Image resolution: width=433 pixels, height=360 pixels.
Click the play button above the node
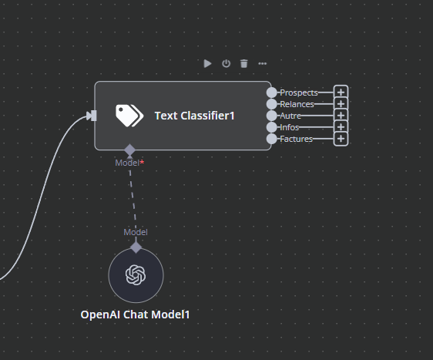pyautogui.click(x=208, y=63)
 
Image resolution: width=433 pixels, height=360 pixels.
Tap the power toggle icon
pyautogui.click(x=227, y=63)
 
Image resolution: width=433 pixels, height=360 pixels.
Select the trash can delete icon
pyautogui.click(x=243, y=63)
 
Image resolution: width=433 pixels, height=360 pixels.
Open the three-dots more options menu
pyautogui.click(x=262, y=64)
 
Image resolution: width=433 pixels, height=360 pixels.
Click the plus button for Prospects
pyautogui.click(x=341, y=93)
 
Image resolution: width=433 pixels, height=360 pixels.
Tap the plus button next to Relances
pyautogui.click(x=341, y=104)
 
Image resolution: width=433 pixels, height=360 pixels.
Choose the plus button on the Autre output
pyautogui.click(x=341, y=115)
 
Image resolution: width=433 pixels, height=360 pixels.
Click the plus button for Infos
pyautogui.click(x=341, y=127)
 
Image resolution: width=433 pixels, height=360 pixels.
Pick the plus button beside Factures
pyautogui.click(x=341, y=139)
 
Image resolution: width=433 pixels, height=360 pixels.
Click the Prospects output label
pyautogui.click(x=299, y=93)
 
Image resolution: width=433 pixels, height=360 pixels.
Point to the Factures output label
pyautogui.click(x=297, y=139)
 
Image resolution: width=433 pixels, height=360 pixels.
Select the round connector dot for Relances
pyautogui.click(x=272, y=104)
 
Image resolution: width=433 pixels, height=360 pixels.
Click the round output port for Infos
pyautogui.click(x=272, y=127)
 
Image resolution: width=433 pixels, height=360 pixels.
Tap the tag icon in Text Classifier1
pyautogui.click(x=129, y=116)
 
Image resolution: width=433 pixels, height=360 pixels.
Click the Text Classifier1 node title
pyautogui.click(x=194, y=116)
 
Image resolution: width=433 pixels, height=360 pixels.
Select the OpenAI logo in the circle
pyautogui.click(x=136, y=275)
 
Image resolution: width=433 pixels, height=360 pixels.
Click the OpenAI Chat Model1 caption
pyautogui.click(x=135, y=315)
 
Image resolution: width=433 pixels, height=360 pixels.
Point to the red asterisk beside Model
pyautogui.click(x=142, y=162)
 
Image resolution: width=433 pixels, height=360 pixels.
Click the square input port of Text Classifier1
pyautogui.click(x=94, y=116)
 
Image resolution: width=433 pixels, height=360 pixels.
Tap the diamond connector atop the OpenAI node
pyautogui.click(x=136, y=247)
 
